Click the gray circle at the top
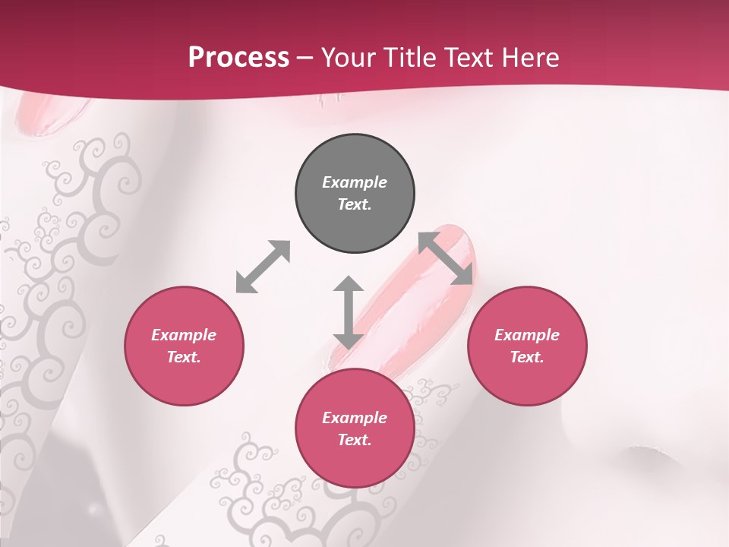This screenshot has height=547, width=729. coord(355,194)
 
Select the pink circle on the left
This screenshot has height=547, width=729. coord(184,346)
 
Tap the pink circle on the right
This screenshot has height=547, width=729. coord(527,346)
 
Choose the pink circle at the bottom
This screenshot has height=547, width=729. coord(355,428)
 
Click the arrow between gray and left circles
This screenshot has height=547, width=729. coord(263,267)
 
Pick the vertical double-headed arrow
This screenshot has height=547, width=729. coord(348,312)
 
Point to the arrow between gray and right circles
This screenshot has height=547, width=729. coord(446,258)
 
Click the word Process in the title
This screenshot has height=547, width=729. coord(238,57)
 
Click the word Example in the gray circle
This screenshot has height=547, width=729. coord(355,182)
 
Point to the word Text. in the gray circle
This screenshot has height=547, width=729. coord(355,204)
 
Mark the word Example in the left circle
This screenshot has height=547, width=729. coord(184,335)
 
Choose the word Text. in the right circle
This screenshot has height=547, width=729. coord(527,357)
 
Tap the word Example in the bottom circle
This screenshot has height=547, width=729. coord(355,418)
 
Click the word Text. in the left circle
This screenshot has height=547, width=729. coord(184,357)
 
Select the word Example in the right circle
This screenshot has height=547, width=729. coord(527,335)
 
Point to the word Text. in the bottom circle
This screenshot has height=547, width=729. coord(355,440)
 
